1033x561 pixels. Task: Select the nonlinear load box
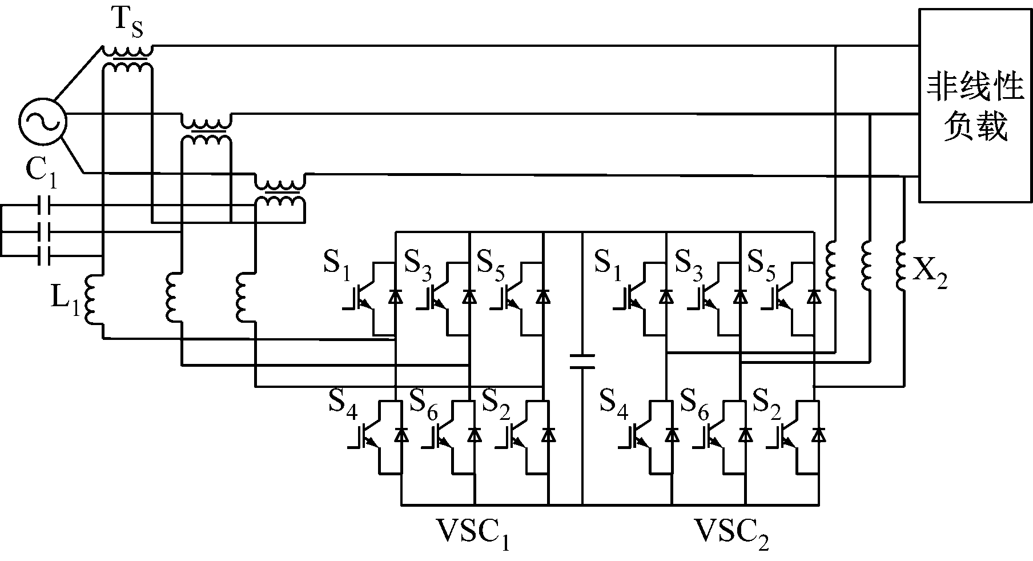[975, 106]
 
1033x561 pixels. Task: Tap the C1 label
[41, 174]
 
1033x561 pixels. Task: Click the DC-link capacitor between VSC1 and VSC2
[582, 362]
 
